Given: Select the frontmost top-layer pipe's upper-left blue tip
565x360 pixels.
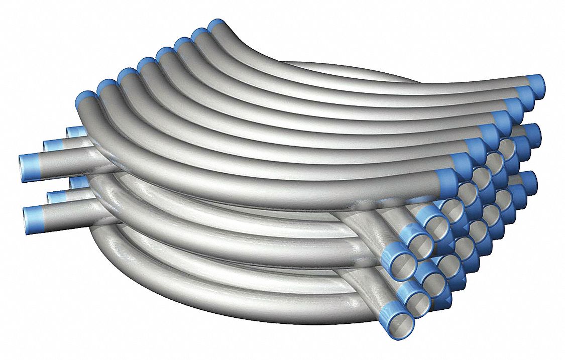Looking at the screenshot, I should pyautogui.click(x=86, y=97).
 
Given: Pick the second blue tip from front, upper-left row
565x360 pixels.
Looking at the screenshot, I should pyautogui.click(x=107, y=86).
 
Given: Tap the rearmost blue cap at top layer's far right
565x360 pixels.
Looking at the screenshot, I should pyautogui.click(x=536, y=82).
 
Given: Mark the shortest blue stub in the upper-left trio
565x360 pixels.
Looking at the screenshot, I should pyautogui.click(x=75, y=133).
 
